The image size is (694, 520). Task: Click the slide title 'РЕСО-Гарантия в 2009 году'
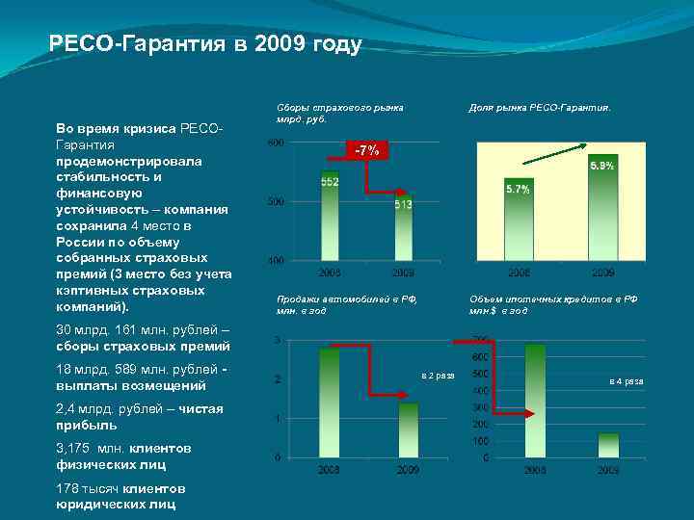click(x=205, y=44)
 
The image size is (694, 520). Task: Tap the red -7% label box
click(x=367, y=150)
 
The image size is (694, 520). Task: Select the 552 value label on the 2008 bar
click(x=330, y=182)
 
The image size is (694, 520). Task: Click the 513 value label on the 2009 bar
click(x=403, y=204)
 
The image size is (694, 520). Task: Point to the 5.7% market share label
click(x=518, y=190)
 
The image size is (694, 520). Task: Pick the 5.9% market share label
click(x=601, y=167)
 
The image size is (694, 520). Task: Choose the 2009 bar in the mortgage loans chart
click(x=608, y=444)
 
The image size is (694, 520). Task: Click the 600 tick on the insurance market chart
click(x=275, y=143)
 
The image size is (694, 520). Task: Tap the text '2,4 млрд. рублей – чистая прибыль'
click(x=140, y=417)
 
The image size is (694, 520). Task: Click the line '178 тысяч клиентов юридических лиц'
click(x=120, y=496)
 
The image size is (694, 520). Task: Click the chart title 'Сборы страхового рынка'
click(x=339, y=108)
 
